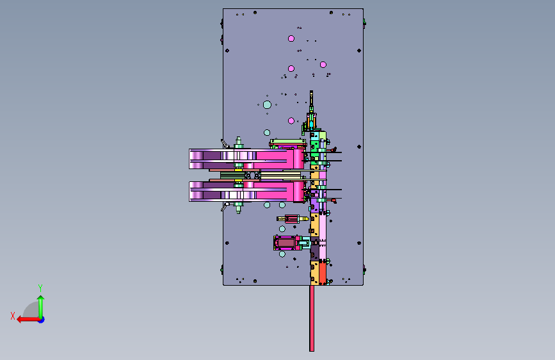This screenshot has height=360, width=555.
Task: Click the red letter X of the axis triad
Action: tap(13, 316)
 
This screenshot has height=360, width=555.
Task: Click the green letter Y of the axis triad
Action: tap(40, 288)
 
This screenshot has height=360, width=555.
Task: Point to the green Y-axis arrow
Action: tap(41, 306)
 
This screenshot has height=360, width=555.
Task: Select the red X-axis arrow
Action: tap(28, 320)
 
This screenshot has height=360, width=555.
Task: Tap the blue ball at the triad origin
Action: tap(42, 320)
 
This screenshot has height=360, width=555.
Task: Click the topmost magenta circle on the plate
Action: tap(291, 38)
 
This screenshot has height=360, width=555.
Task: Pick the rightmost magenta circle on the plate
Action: tap(323, 65)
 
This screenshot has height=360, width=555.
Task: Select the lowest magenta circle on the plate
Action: tap(291, 121)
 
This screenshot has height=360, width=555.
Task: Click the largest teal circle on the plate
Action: tap(267, 104)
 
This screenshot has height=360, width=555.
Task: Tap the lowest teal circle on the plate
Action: tap(282, 254)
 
